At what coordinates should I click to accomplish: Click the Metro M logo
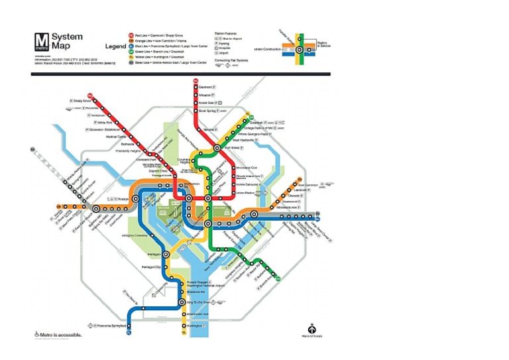pos(40,40)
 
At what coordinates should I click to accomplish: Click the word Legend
pos(115,46)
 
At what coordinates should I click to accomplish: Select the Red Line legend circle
pos(131,34)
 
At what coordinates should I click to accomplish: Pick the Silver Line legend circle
pos(131,63)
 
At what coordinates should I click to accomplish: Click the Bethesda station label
pos(127,143)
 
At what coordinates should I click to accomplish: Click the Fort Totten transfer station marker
pos(217,147)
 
